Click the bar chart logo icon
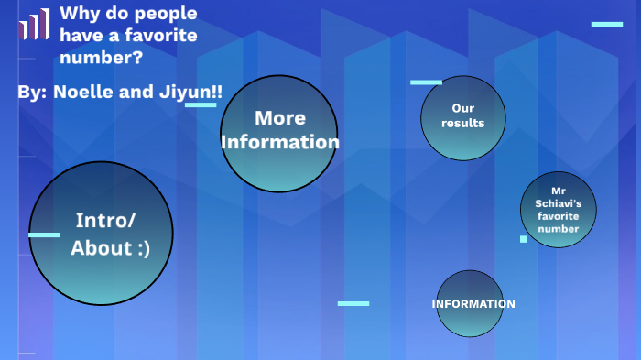click(x=34, y=24)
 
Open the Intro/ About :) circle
click(x=101, y=234)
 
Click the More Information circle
click(x=279, y=134)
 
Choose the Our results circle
click(x=463, y=117)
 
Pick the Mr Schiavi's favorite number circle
click(x=559, y=210)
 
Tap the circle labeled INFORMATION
click(x=470, y=303)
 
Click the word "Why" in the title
click(x=78, y=14)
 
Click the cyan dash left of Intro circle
click(x=44, y=235)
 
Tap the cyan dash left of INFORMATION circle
click(x=353, y=303)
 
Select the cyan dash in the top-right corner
click(x=606, y=24)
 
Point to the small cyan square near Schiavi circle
click(x=524, y=239)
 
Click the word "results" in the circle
click(x=463, y=124)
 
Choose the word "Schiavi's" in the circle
click(x=559, y=203)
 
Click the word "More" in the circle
click(x=280, y=118)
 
